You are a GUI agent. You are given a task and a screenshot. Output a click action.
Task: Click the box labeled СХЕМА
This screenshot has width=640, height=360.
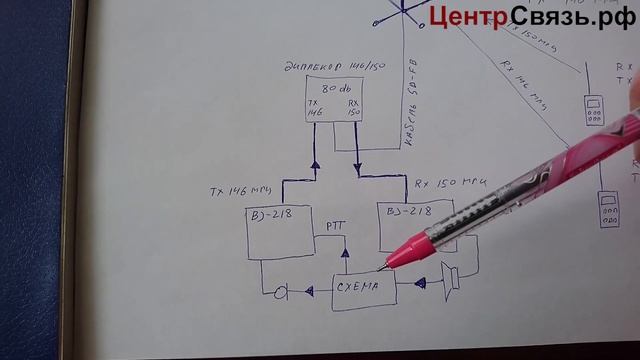(362, 289)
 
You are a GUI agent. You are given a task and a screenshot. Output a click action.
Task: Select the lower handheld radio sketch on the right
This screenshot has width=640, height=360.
(606, 209)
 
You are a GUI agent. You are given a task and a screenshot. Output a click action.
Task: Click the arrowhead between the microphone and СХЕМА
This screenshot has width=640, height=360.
(310, 290)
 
